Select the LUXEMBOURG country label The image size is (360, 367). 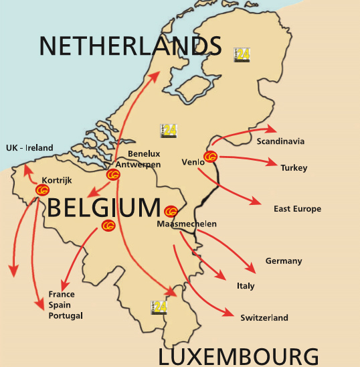coord(238,355)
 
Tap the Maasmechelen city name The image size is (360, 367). coord(187,224)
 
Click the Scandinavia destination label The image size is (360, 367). coord(280,141)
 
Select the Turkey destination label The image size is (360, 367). coord(294,167)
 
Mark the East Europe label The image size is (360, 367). coord(297,209)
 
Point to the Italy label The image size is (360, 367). coord(246,286)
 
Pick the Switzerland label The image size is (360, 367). coord(264,317)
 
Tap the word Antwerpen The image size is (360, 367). coord(138,164)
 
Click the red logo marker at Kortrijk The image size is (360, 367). coord(43,190)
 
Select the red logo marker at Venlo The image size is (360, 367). coord(210,157)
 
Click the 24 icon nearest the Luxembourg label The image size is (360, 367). coord(160,307)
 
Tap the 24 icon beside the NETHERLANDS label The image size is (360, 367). coord(242,54)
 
